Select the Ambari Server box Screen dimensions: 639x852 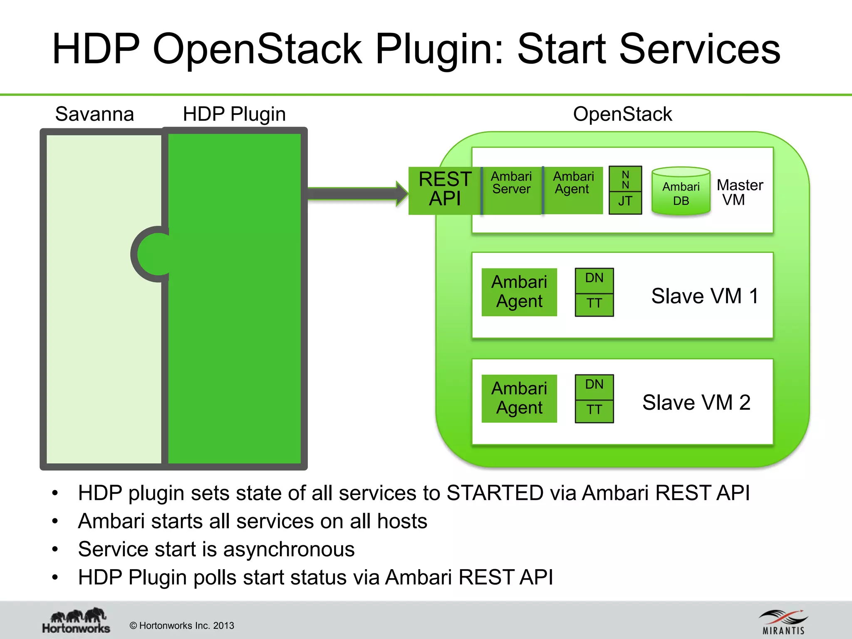point(512,191)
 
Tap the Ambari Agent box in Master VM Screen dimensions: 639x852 point(573,191)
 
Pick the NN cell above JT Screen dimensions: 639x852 point(625,179)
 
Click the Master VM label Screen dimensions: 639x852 point(739,192)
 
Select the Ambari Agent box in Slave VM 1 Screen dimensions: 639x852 point(519,292)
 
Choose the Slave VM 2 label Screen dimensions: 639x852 point(696,403)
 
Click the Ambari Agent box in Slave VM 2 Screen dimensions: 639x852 point(519,399)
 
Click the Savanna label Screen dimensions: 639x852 point(94,114)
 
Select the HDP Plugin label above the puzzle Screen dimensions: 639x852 point(234,114)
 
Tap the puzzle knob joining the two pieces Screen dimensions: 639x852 point(152,254)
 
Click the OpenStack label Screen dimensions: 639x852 point(622,114)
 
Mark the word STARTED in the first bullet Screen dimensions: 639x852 point(495,493)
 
